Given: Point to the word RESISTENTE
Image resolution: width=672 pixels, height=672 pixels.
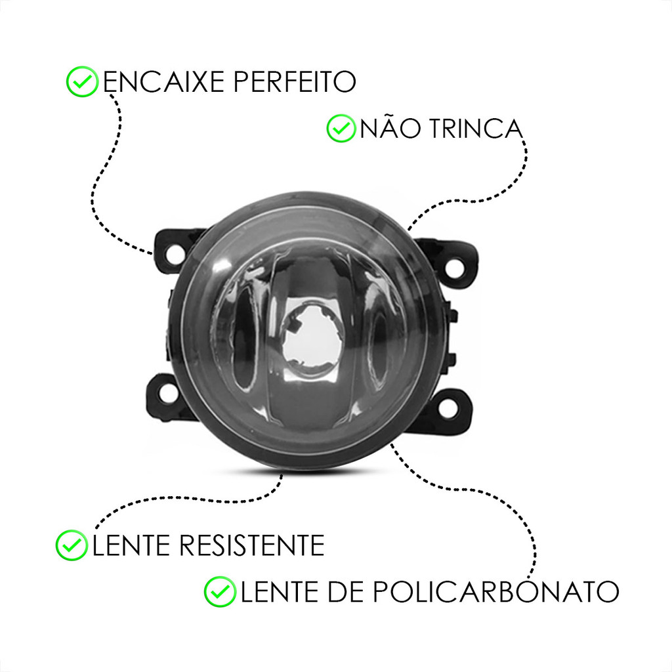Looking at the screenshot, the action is [x=251, y=545].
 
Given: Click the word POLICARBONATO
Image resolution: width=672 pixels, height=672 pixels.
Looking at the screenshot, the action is [x=496, y=591].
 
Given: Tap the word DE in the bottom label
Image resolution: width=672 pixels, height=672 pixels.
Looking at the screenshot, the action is [x=345, y=591].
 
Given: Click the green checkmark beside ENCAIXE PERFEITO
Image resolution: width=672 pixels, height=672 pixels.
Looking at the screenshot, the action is [x=82, y=81].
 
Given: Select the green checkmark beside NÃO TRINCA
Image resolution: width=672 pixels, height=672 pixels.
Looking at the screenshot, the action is [x=341, y=128].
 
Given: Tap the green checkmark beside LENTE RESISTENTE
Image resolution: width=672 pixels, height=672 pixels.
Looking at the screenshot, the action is [x=72, y=545].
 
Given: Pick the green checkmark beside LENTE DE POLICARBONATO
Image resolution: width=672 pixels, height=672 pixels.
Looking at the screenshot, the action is [x=220, y=591].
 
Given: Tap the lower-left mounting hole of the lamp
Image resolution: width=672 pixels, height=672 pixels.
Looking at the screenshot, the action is [x=167, y=394].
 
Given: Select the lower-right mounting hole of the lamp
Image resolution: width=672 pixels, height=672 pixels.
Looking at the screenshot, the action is [x=448, y=407].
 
